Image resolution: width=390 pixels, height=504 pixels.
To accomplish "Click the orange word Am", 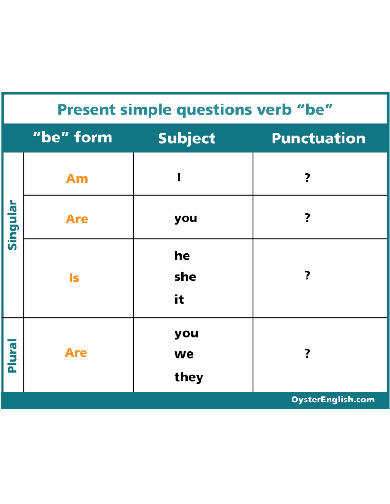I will pyautogui.click(x=77, y=178).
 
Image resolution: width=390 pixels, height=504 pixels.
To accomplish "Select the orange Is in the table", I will pyautogui.click(x=74, y=278).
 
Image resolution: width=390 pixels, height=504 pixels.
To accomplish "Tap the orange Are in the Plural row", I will pyautogui.click(x=76, y=353).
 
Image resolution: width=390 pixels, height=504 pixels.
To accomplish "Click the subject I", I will pyautogui.click(x=179, y=177).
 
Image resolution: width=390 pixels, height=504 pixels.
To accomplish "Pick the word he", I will pyautogui.click(x=182, y=256).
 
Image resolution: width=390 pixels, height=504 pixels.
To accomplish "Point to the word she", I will pyautogui.click(x=185, y=277).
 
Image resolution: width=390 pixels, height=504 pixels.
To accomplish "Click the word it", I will pyautogui.click(x=179, y=299).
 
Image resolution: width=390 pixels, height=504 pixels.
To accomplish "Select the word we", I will pyautogui.click(x=184, y=354).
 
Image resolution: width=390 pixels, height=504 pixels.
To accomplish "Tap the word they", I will pyautogui.click(x=189, y=377).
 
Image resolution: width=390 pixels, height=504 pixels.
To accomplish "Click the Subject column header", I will pyautogui.click(x=187, y=139).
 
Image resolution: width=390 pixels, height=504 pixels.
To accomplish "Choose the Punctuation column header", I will pyautogui.click(x=318, y=139).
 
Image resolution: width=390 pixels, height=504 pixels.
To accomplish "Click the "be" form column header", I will pyautogui.click(x=73, y=138).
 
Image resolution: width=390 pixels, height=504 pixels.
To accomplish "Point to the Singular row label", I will pyautogui.click(x=12, y=225).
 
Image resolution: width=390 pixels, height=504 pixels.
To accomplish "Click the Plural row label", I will pyautogui.click(x=12, y=356).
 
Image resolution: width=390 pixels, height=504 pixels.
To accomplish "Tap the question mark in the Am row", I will pyautogui.click(x=307, y=178).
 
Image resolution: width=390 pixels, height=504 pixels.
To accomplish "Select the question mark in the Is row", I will pyautogui.click(x=307, y=275).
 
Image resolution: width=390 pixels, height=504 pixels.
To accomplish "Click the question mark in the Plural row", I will pyautogui.click(x=307, y=353).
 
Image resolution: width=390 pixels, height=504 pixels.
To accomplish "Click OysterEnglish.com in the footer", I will pyautogui.click(x=333, y=400).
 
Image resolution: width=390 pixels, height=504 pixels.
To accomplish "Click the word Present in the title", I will pyautogui.click(x=86, y=109).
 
